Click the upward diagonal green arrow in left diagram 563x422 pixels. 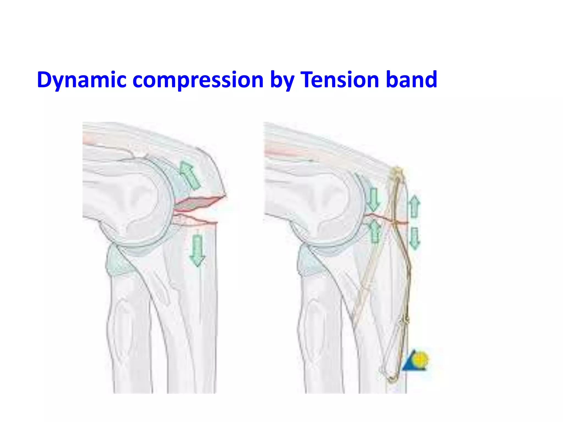click(189, 175)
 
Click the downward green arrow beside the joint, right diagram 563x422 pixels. click(374, 200)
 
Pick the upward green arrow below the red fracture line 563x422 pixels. click(375, 232)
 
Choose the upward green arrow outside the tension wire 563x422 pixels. click(414, 206)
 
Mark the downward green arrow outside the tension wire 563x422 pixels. click(415, 238)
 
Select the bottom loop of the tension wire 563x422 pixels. click(392, 379)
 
